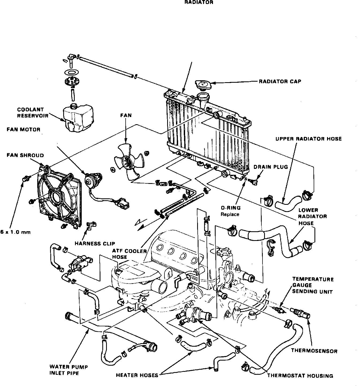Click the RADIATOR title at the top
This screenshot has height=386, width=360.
click(199, 2)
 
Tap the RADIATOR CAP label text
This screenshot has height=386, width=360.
click(280, 81)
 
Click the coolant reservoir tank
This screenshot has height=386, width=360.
click(78, 118)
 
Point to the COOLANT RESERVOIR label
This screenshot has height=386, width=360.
click(32, 113)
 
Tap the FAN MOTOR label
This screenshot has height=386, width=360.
click(24, 130)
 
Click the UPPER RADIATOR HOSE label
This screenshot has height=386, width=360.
click(309, 139)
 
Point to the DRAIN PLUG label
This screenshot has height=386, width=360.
click(271, 167)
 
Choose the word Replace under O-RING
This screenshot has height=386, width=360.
click(230, 214)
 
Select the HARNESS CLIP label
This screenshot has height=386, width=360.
click(95, 244)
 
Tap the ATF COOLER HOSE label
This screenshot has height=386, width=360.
click(129, 254)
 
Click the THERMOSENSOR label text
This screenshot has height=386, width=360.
click(314, 351)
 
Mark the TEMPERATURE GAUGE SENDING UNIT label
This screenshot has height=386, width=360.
click(313, 285)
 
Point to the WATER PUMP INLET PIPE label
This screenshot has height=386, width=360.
click(69, 370)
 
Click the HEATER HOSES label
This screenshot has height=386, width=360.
click(137, 375)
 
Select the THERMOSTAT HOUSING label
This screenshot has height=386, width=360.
click(300, 376)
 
